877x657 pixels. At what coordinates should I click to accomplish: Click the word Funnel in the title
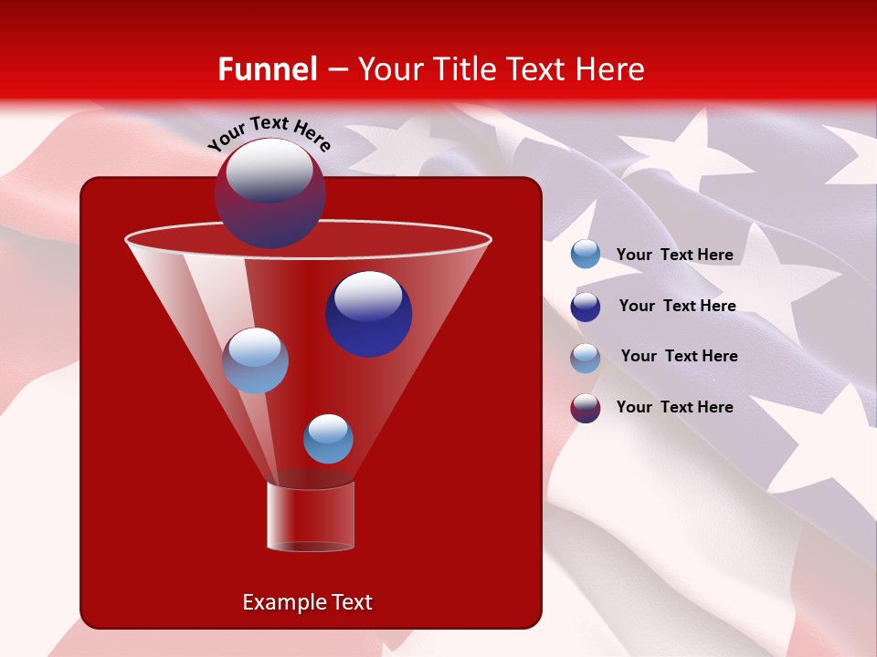267,69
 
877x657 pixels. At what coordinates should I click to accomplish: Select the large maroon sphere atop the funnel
269,193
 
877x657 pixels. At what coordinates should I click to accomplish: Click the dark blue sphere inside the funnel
369,314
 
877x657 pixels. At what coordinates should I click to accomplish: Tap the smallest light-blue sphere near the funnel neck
328,439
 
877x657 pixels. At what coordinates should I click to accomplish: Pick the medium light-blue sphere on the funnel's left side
255,360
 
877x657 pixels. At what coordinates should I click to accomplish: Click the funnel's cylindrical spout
311,516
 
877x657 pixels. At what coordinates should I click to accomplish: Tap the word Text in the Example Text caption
351,602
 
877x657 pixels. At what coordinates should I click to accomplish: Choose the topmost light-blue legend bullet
586,255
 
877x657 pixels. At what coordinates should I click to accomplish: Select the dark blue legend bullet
586,307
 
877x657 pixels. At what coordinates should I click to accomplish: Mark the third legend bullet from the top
586,358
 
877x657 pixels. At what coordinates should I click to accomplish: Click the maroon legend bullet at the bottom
586,408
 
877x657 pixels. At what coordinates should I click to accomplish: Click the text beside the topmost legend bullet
674,255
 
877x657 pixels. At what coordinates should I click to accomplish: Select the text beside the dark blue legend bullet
677,306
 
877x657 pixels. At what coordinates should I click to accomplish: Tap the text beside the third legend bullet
679,356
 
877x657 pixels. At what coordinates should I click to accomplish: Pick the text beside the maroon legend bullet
674,407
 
